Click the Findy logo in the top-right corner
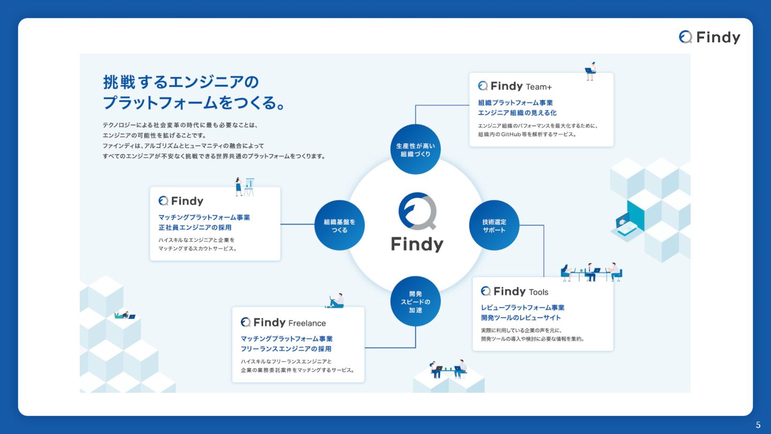pyautogui.click(x=709, y=37)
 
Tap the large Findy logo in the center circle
pyautogui.click(x=417, y=222)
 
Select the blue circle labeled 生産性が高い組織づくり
pyautogui.click(x=415, y=149)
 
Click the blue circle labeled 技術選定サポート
pyautogui.click(x=494, y=226)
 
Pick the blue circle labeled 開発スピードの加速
pyautogui.click(x=415, y=302)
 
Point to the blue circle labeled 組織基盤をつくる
pyautogui.click(x=339, y=226)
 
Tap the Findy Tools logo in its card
pyautogui.click(x=515, y=291)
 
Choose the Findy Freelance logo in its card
pyautogui.click(x=283, y=323)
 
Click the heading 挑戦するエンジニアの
pyautogui.click(x=181, y=82)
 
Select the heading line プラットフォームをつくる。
pyautogui.click(x=193, y=102)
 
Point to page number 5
pyautogui.click(x=758, y=425)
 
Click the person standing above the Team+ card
pyautogui.click(x=590, y=71)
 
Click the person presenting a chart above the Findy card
pyautogui.click(x=239, y=186)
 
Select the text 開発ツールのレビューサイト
pyautogui.click(x=520, y=318)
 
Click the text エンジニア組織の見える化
pyautogui.click(x=517, y=113)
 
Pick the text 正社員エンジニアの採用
pyautogui.click(x=195, y=228)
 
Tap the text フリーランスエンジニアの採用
pyautogui.click(x=286, y=349)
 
